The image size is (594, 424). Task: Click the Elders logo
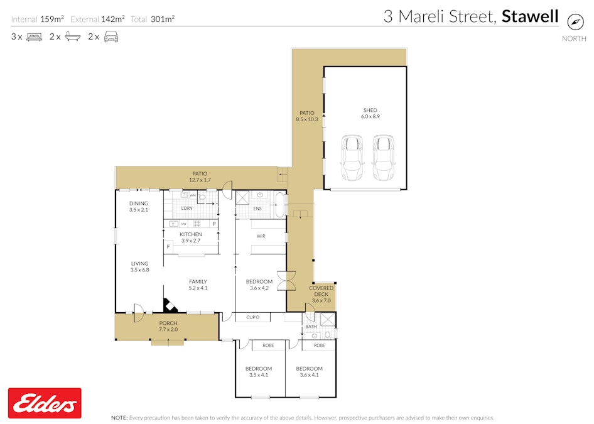click(45, 403)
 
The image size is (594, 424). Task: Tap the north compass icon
click(575, 21)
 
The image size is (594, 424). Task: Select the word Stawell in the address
click(530, 16)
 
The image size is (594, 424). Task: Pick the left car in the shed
click(352, 158)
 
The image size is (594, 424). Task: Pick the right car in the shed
click(384, 158)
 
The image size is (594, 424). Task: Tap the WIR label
click(261, 237)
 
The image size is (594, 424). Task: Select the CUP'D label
click(254, 317)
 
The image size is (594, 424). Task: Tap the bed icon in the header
click(34, 37)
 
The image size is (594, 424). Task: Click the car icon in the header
click(111, 37)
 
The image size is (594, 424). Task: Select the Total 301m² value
click(163, 19)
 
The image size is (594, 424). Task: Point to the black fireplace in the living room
click(170, 306)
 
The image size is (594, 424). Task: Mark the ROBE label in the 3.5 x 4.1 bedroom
click(268, 345)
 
